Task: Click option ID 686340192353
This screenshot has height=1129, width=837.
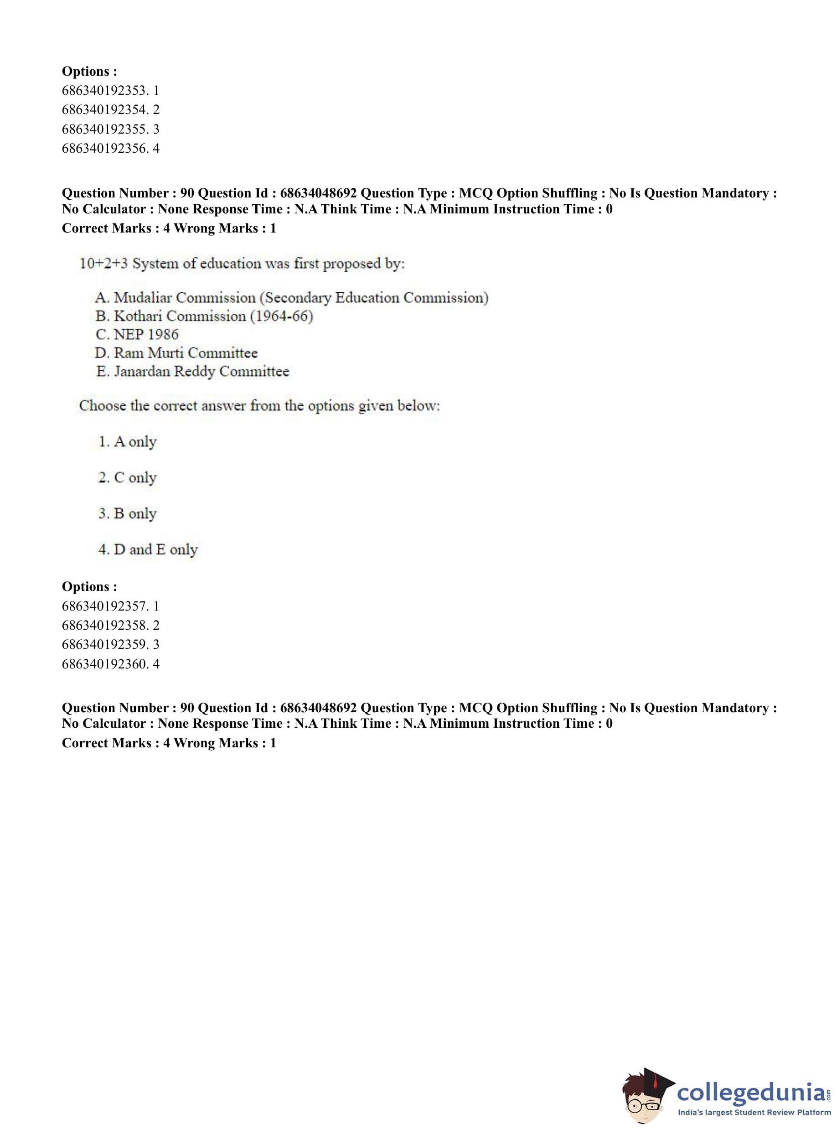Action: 110,91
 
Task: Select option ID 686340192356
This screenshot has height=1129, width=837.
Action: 110,149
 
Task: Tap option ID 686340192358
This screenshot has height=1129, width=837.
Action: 110,625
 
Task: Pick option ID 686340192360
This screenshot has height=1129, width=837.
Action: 110,664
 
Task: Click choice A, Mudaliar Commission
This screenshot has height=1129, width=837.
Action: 291,297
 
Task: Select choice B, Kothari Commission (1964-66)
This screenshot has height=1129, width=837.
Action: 204,316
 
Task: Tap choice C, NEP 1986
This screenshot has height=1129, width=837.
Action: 137,334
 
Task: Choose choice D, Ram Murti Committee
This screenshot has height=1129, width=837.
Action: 176,352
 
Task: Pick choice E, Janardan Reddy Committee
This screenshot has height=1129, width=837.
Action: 192,372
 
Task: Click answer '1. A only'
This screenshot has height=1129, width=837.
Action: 128,442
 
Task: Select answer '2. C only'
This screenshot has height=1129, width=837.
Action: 128,478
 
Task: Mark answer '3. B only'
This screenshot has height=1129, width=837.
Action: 128,514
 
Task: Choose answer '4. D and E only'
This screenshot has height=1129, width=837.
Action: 148,550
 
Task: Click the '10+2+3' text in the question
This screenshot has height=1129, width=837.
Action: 103,264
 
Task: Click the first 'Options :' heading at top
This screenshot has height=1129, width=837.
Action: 89,72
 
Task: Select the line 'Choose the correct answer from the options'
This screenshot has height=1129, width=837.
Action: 259,406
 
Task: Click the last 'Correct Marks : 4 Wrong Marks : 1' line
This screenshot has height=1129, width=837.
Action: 169,743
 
